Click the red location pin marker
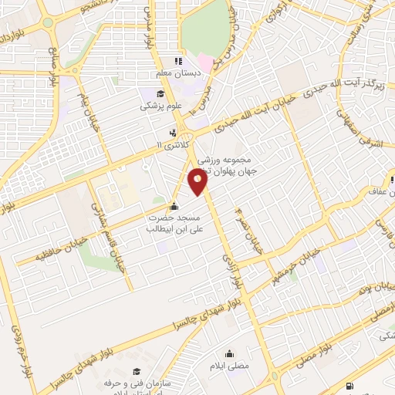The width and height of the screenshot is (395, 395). (x=198, y=182)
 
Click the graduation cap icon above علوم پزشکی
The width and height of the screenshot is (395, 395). (x=148, y=93)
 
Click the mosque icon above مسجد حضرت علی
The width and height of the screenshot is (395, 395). (x=174, y=206)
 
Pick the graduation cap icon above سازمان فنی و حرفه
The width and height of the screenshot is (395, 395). (x=137, y=371)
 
